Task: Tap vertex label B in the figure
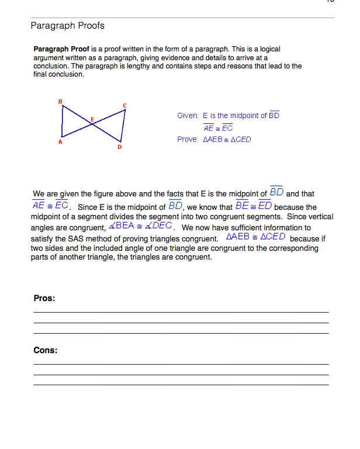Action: point(60,102)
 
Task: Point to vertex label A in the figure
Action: point(60,142)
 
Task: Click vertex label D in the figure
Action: point(119,147)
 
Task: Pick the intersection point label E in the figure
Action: point(92,119)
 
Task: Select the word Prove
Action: point(187,140)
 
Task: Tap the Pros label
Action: point(44,298)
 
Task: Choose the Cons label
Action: point(46,350)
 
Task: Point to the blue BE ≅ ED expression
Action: point(253,206)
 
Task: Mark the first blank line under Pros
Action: point(181,312)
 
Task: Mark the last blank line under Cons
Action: point(181,385)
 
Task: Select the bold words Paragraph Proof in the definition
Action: point(61,50)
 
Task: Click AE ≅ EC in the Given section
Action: point(218,128)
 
